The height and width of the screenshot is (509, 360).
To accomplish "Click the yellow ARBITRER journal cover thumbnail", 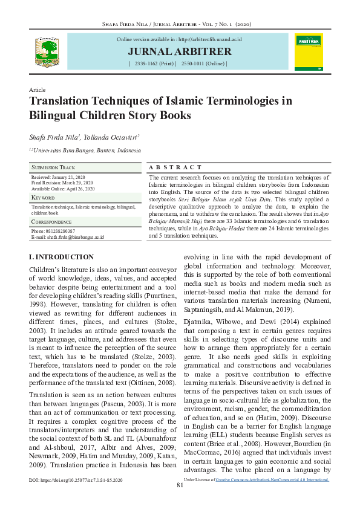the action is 308,51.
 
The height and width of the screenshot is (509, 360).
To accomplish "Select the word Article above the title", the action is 38,89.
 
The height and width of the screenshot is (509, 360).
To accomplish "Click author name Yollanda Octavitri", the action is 111,137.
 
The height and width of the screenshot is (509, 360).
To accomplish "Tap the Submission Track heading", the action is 54,167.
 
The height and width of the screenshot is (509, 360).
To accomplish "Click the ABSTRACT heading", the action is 175,167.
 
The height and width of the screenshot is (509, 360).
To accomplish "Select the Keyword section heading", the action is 43,198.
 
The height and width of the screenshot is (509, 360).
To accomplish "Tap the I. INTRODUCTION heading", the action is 61,257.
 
